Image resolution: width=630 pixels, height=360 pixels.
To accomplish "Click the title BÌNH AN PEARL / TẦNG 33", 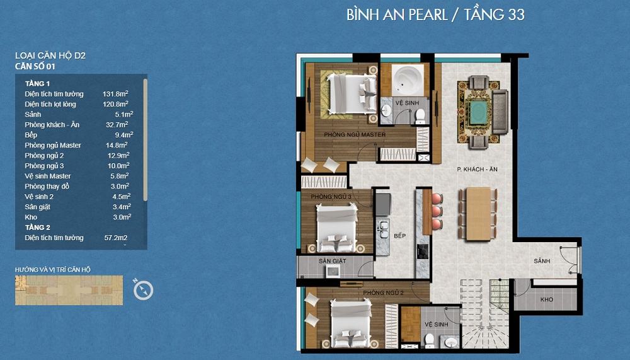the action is (435, 15).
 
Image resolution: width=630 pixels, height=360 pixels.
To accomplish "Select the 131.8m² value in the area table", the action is (116, 94).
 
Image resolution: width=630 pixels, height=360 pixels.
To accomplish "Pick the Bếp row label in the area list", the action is (31, 135).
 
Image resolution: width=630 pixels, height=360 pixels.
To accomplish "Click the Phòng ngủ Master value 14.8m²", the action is (117, 145).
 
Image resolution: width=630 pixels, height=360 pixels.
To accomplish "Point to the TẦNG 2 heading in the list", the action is (38, 227).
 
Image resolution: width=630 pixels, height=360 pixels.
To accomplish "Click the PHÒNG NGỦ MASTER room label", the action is (355, 134).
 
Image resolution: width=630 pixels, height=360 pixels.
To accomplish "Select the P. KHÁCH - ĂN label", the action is (477, 170).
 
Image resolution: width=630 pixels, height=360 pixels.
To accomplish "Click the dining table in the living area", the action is (478, 214).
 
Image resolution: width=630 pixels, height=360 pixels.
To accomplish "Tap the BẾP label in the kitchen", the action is (400, 236).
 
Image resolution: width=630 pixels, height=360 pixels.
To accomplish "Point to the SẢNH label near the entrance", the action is (542, 261).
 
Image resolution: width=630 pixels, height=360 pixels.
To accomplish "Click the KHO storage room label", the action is (547, 299).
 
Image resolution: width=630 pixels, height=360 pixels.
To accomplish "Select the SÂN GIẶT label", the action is (332, 261).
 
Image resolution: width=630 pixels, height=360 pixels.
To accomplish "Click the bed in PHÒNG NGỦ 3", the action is (336, 228).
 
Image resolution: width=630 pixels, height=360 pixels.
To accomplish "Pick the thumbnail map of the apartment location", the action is (69, 290).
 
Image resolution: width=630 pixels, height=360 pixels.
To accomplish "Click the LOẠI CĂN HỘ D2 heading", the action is (50, 56).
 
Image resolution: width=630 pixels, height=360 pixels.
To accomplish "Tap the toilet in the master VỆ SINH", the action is (420, 116).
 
